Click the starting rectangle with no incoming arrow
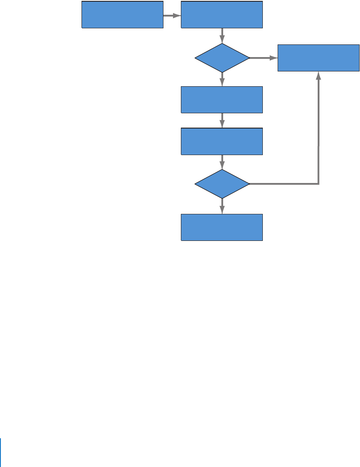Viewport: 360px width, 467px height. [x=122, y=15]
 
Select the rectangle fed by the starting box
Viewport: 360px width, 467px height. [x=222, y=15]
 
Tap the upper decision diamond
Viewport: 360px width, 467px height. [x=222, y=58]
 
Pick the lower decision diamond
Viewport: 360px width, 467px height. [x=222, y=184]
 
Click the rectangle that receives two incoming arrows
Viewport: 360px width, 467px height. [x=319, y=58]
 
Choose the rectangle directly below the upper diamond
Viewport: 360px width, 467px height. [x=222, y=100]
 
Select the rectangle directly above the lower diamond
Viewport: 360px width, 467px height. [x=222, y=142]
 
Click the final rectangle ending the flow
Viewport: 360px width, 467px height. [x=222, y=227]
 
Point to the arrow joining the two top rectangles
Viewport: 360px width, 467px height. [x=172, y=15]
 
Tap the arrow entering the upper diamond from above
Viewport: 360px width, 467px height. [x=222, y=35]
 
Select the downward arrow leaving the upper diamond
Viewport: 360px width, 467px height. [x=222, y=79]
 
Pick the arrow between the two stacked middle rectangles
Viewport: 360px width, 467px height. [x=222, y=121]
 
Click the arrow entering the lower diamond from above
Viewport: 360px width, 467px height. [x=222, y=162]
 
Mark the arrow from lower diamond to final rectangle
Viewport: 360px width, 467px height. [x=222, y=206]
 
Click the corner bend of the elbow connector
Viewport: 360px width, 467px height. [x=319, y=183]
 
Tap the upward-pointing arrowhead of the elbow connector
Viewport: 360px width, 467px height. [x=319, y=75]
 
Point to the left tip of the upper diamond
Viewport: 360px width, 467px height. [x=195, y=58]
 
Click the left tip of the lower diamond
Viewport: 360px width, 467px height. [x=195, y=184]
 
